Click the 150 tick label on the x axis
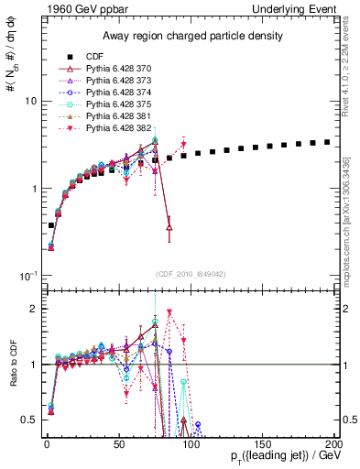pyautogui.click(x=262, y=442)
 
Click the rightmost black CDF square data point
pyautogui.click(x=327, y=142)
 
